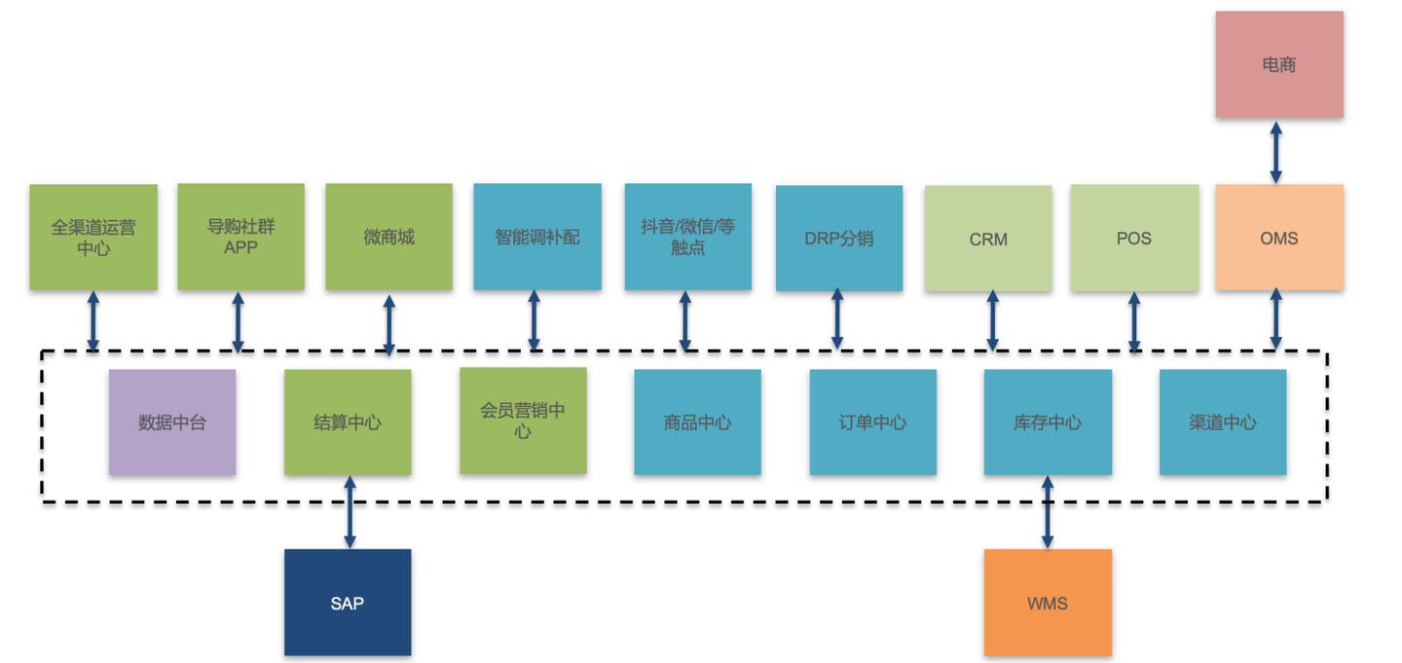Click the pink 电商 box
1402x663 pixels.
pos(1278,65)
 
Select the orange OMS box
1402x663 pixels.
pos(1278,238)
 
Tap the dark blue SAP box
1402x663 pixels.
pos(348,603)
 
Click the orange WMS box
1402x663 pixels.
pos(1048,603)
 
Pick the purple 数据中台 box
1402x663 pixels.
pos(172,423)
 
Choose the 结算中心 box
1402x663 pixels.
pos(348,423)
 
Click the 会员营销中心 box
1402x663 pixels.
pos(523,421)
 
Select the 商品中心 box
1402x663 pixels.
pos(697,423)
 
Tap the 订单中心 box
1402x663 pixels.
pos(872,423)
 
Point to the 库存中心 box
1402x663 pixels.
pos(1048,423)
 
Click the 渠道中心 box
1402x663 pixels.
pos(1223,423)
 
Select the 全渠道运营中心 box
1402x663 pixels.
pos(93,238)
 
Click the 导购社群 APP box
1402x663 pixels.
pos(240,237)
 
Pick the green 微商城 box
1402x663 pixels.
pos(388,237)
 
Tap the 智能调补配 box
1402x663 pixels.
pos(537,237)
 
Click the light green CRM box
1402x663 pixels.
pos(988,239)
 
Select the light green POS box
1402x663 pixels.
pos(1134,238)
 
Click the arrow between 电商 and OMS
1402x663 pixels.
pos(1275,152)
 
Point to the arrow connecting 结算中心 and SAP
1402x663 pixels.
pos(350,512)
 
